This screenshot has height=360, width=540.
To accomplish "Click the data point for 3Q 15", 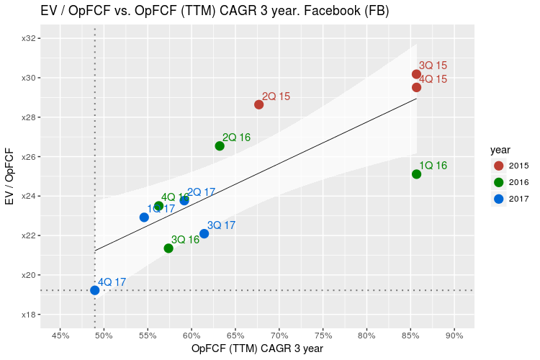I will tap(416, 74).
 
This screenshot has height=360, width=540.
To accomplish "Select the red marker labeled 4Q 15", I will tap(416, 87).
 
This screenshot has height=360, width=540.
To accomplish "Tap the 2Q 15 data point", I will tap(259, 104).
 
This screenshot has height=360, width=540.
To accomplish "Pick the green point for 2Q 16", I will tap(220, 146).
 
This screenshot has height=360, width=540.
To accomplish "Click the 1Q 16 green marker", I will tap(416, 174).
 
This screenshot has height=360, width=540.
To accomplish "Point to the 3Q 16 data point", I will tap(168, 248).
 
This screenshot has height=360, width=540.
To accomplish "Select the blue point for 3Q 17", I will tap(204, 233).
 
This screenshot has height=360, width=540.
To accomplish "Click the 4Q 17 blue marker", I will tap(95, 290).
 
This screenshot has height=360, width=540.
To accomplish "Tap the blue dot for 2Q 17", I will tap(184, 200).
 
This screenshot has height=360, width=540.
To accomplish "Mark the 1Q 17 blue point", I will tap(144, 217).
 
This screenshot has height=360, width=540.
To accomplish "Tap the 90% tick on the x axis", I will tap(454, 335).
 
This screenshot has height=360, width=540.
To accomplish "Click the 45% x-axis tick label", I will tap(60, 335).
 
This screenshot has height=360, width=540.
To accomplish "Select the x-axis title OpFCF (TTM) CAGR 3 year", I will tap(257, 349).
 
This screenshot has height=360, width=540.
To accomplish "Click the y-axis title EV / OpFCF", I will tap(9, 176).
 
